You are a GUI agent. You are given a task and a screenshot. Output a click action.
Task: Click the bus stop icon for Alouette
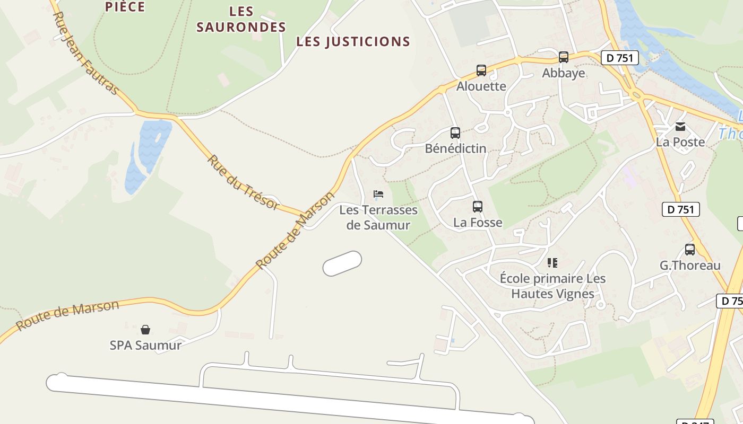click(x=481, y=70)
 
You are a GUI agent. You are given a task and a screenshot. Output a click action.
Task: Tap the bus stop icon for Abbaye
click(x=564, y=57)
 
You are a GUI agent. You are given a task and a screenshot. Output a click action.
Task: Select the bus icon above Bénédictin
click(x=455, y=132)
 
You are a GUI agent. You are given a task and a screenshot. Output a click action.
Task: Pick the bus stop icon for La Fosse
click(x=478, y=206)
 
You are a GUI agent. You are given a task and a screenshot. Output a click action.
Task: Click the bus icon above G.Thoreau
click(x=690, y=249)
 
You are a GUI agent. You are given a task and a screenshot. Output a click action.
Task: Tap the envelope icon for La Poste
click(x=680, y=127)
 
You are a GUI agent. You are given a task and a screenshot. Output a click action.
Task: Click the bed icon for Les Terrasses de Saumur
click(x=378, y=194)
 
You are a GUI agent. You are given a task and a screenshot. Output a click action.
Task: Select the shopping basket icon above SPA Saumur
click(x=145, y=330)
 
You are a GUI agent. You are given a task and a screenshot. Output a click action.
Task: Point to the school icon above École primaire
click(x=552, y=262)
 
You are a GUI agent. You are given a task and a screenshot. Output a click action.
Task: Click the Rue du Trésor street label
click(x=243, y=182)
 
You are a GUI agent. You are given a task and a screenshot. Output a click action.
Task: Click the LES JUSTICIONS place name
click(x=353, y=41)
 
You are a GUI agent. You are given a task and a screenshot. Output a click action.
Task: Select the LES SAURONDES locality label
click(x=241, y=19)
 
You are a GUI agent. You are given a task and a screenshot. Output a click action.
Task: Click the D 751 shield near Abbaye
click(x=619, y=58)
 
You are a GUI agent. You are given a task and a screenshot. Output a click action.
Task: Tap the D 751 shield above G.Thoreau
click(x=681, y=209)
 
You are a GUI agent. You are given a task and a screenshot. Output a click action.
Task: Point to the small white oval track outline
click(x=342, y=263)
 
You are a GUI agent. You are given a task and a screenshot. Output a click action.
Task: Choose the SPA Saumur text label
click(x=145, y=345)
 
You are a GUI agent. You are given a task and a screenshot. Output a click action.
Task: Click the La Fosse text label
click(x=478, y=222)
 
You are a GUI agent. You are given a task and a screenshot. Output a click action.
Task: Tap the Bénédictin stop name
click(x=455, y=148)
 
